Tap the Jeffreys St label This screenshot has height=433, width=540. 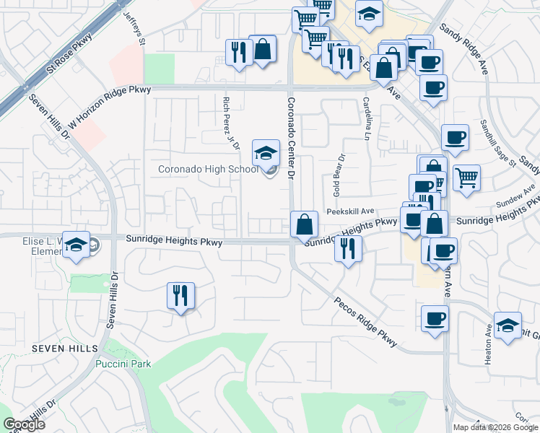(x=134, y=28)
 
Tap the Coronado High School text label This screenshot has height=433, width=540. (x=207, y=170)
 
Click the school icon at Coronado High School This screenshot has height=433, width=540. (x=266, y=153)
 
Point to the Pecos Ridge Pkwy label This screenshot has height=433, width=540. (x=365, y=322)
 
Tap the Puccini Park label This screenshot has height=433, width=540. (x=123, y=364)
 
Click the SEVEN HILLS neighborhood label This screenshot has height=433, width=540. (x=64, y=349)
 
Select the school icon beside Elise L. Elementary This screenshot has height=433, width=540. (x=75, y=245)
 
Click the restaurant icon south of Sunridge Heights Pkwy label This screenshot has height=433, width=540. (x=180, y=296)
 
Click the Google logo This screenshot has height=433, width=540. (x=24, y=424)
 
